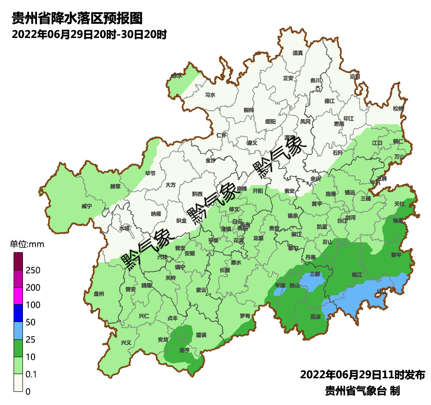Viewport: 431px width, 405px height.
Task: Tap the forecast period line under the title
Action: pyautogui.click(x=89, y=35)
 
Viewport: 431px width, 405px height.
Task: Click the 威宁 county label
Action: pyautogui.click(x=87, y=206)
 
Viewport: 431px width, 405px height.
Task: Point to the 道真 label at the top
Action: pyautogui.click(x=298, y=53)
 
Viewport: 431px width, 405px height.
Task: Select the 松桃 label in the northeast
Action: pyautogui.click(x=398, y=109)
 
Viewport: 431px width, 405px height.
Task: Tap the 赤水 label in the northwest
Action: pyautogui.click(x=176, y=75)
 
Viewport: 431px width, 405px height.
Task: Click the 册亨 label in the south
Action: pyautogui.click(x=184, y=350)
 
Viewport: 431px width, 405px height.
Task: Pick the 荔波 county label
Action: pyautogui.click(x=315, y=316)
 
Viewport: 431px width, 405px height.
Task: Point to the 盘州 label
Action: pyautogui.click(x=99, y=294)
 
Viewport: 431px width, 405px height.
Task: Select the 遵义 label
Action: pyautogui.click(x=252, y=142)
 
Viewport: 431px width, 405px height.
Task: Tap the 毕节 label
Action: pyautogui.click(x=150, y=173)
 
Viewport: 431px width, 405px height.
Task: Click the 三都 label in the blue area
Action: pyautogui.click(x=315, y=274)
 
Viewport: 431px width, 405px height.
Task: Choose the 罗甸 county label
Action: pyautogui.click(x=244, y=316)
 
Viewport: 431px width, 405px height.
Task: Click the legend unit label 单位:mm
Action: pyautogui.click(x=27, y=244)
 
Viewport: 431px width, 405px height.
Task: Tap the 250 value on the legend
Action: pyautogui.click(x=33, y=270)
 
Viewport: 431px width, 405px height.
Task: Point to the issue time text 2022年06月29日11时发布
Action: pyautogui.click(x=362, y=375)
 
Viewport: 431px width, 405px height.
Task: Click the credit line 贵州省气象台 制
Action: pyautogui.click(x=362, y=390)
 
